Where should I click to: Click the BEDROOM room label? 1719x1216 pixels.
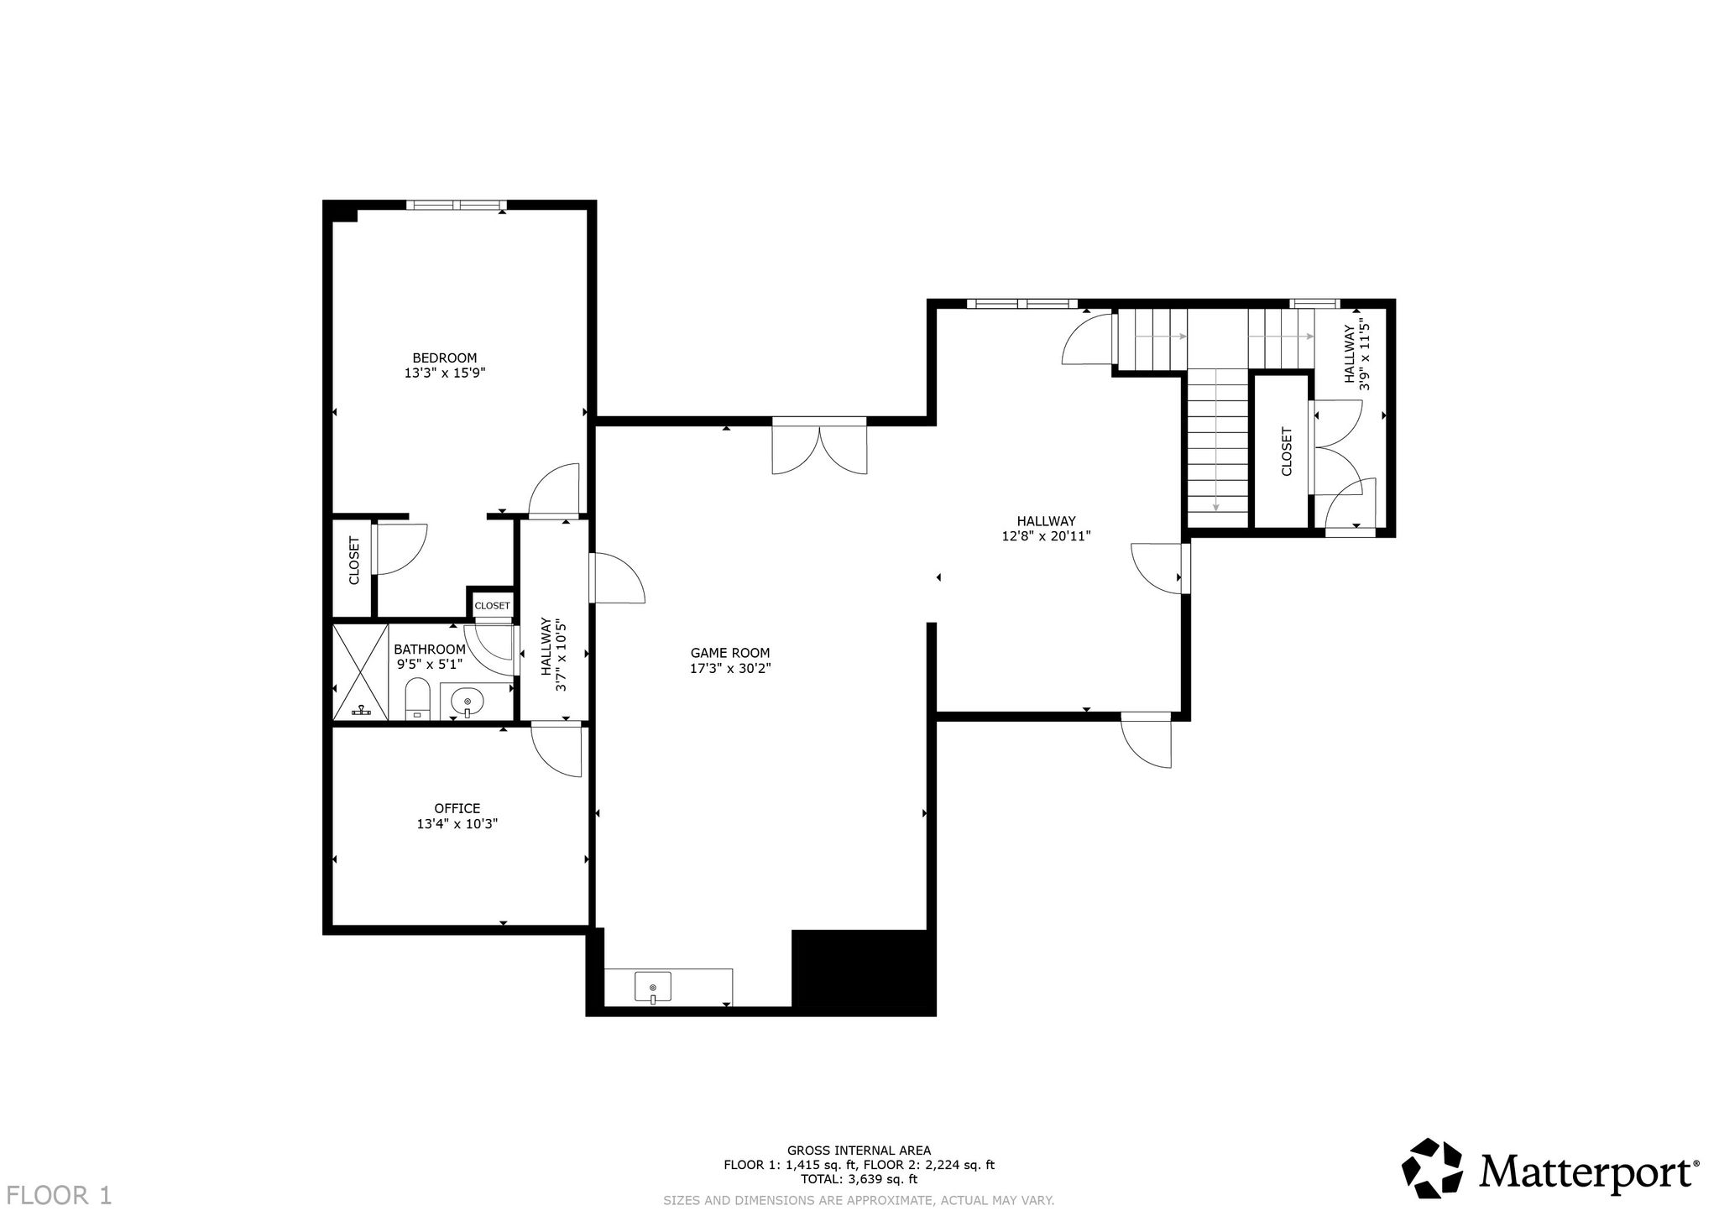click(x=445, y=357)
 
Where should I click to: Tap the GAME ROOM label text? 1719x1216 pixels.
click(x=729, y=653)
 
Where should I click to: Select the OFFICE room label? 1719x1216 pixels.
click(x=457, y=808)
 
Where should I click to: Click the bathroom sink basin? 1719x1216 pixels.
click(x=467, y=701)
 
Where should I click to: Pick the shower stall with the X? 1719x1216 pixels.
click(x=361, y=671)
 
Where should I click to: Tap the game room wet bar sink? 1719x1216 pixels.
click(x=653, y=988)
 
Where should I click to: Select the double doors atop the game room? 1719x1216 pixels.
click(x=819, y=446)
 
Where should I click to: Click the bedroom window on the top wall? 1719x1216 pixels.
click(x=457, y=204)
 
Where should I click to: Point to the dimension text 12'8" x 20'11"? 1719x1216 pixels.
click(x=1046, y=536)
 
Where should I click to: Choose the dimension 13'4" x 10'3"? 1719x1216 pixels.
click(x=457, y=824)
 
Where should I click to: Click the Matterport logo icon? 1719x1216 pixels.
click(x=1433, y=1169)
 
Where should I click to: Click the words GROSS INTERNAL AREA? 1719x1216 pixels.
click(x=859, y=1151)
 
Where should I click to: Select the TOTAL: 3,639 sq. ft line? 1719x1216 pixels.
click(x=859, y=1179)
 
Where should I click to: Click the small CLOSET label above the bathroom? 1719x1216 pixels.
click(x=492, y=605)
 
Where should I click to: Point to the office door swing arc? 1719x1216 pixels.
click(x=554, y=753)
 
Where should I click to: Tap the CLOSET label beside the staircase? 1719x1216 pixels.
click(x=1287, y=451)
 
